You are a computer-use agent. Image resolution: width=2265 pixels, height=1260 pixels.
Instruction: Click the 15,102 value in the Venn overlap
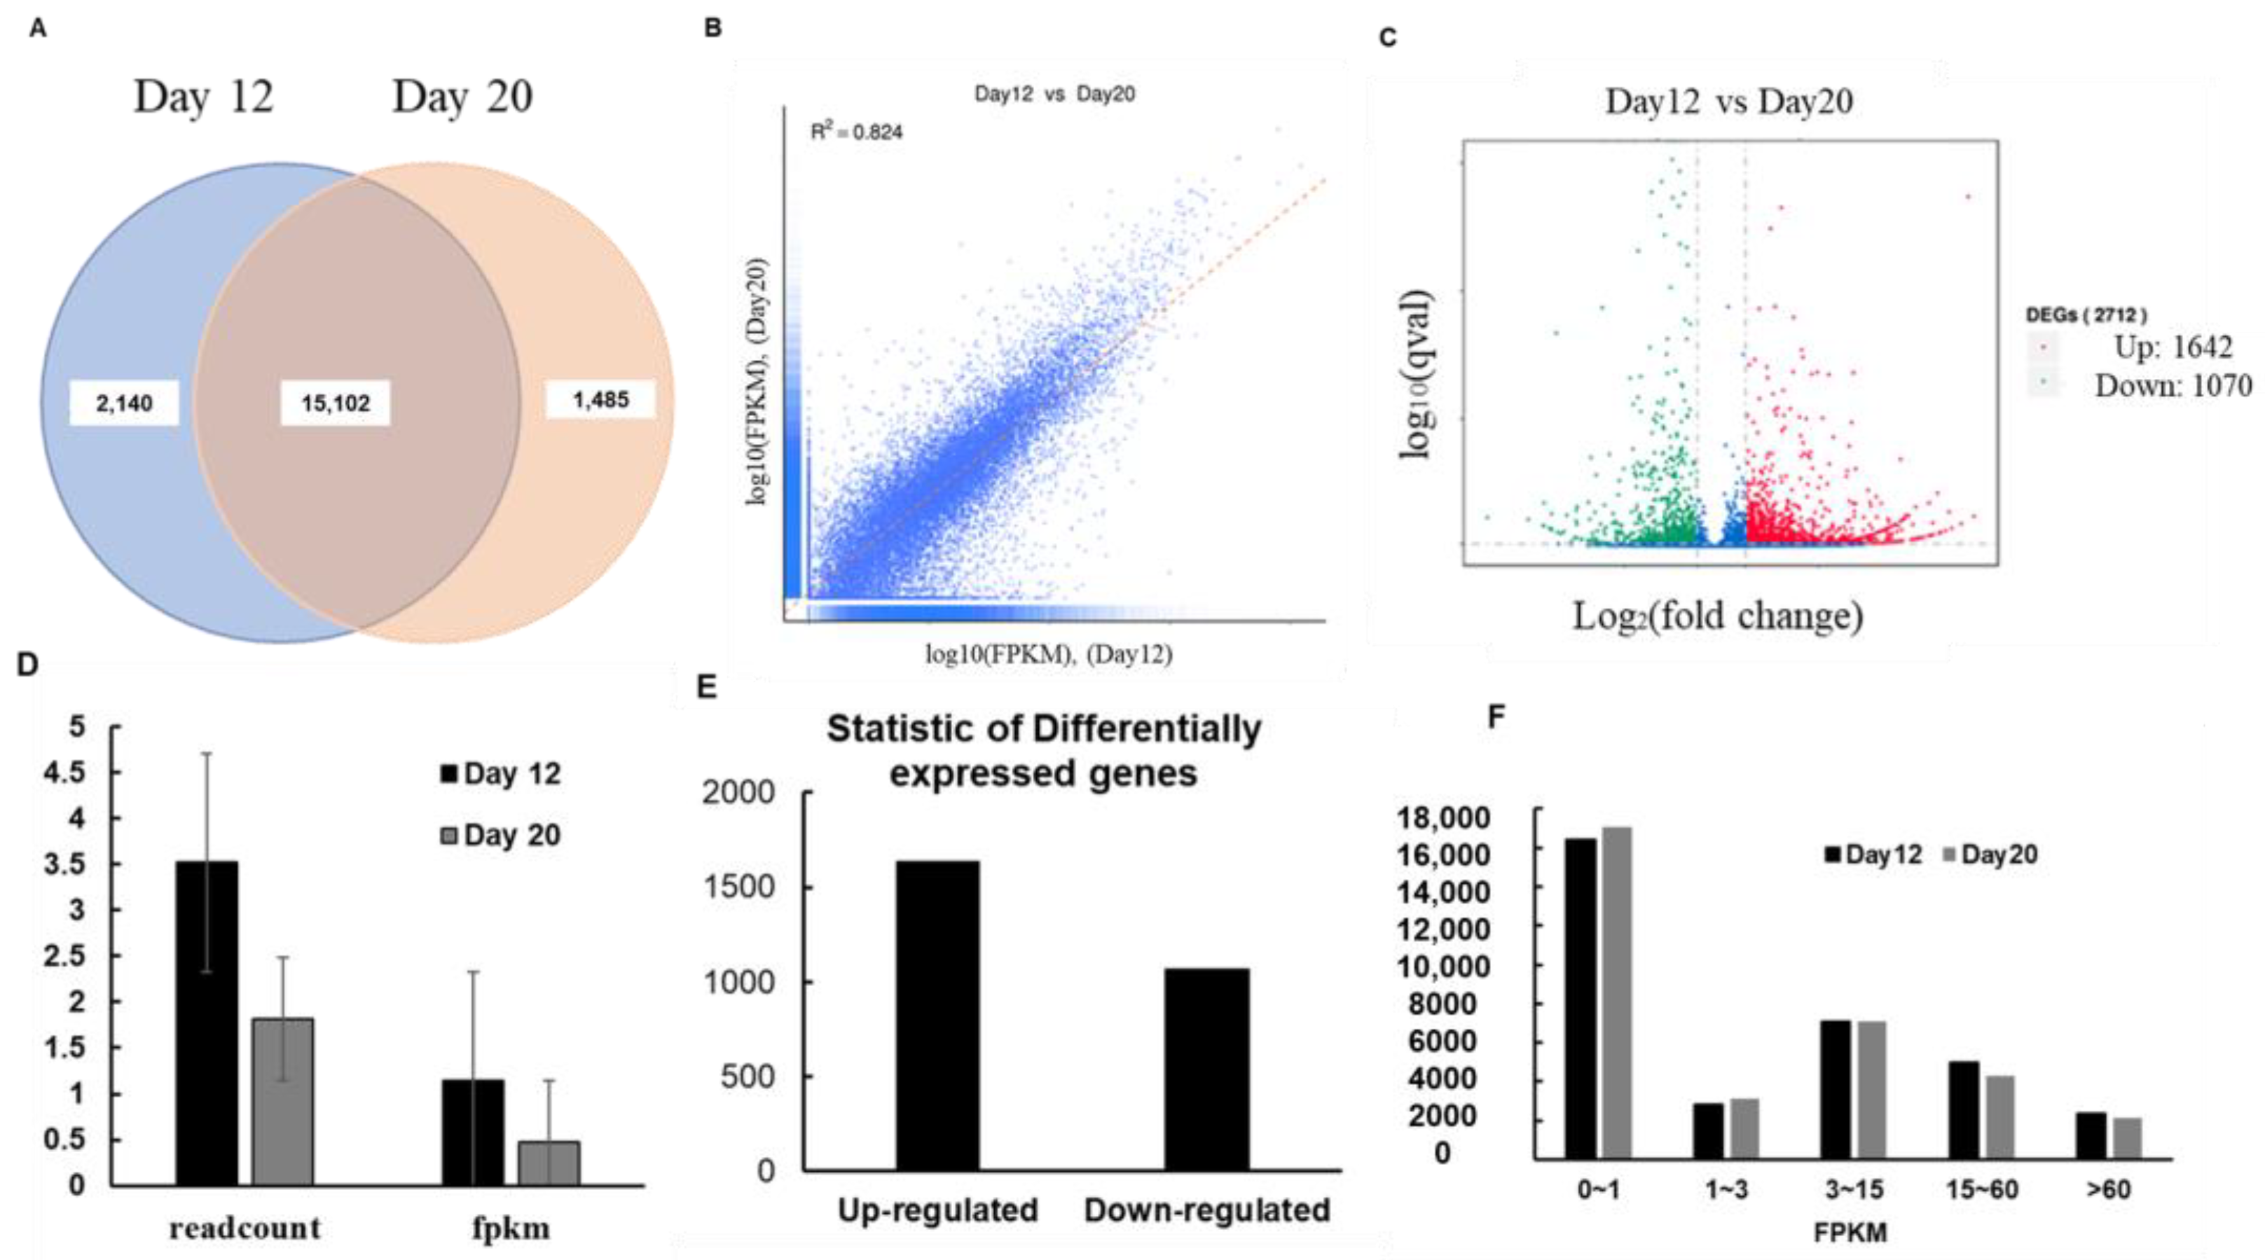pos(335,403)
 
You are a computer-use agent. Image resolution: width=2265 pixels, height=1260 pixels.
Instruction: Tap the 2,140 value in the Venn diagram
pos(124,403)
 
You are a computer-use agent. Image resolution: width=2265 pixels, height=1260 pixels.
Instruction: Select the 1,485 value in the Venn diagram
pos(600,400)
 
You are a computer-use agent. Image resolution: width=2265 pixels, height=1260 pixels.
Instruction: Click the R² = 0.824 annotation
pos(855,132)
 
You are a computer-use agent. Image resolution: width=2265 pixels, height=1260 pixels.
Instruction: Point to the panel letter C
pos(1387,38)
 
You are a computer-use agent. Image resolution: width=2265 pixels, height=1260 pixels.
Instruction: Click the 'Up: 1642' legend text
pos(2172,347)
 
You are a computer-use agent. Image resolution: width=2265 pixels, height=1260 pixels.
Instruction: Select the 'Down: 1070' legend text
pos(2172,386)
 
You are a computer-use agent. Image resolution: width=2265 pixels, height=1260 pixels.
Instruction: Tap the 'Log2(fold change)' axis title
pos(1717,616)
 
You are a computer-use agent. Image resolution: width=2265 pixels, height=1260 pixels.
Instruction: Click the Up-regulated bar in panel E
pos(937,1015)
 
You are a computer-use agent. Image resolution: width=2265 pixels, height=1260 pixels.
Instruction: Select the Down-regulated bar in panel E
pos(1206,1068)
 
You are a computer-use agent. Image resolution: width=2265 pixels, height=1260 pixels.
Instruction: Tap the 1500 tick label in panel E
pos(738,886)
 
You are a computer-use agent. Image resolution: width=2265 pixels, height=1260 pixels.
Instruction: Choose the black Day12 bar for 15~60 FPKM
pos(1964,1109)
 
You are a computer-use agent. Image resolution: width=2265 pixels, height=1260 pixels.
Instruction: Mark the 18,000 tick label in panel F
pos(1443,818)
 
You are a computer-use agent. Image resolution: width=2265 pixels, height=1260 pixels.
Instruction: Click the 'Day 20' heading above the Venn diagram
pos(462,97)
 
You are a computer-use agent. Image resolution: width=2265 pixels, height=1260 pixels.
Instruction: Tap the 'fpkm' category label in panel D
pos(511,1228)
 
